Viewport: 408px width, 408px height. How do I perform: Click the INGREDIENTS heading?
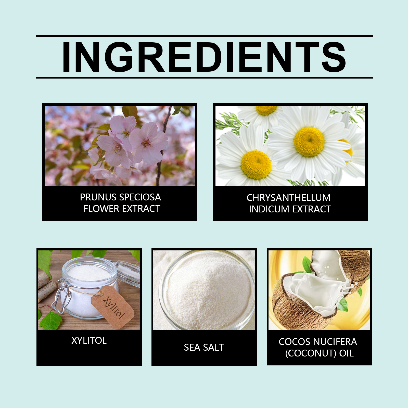pos(204,57)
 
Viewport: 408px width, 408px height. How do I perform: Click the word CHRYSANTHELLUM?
pos(288,198)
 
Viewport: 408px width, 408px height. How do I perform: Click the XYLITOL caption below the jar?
pos(89,340)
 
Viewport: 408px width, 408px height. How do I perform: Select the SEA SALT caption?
pos(204,347)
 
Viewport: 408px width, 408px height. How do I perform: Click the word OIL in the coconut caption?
pos(346,353)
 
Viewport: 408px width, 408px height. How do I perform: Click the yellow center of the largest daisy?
pos(309,142)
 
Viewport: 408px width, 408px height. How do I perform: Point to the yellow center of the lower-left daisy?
pos(256,165)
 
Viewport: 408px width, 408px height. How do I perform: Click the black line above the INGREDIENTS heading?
pos(205,36)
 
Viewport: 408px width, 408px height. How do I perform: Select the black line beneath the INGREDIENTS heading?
pos(205,78)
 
